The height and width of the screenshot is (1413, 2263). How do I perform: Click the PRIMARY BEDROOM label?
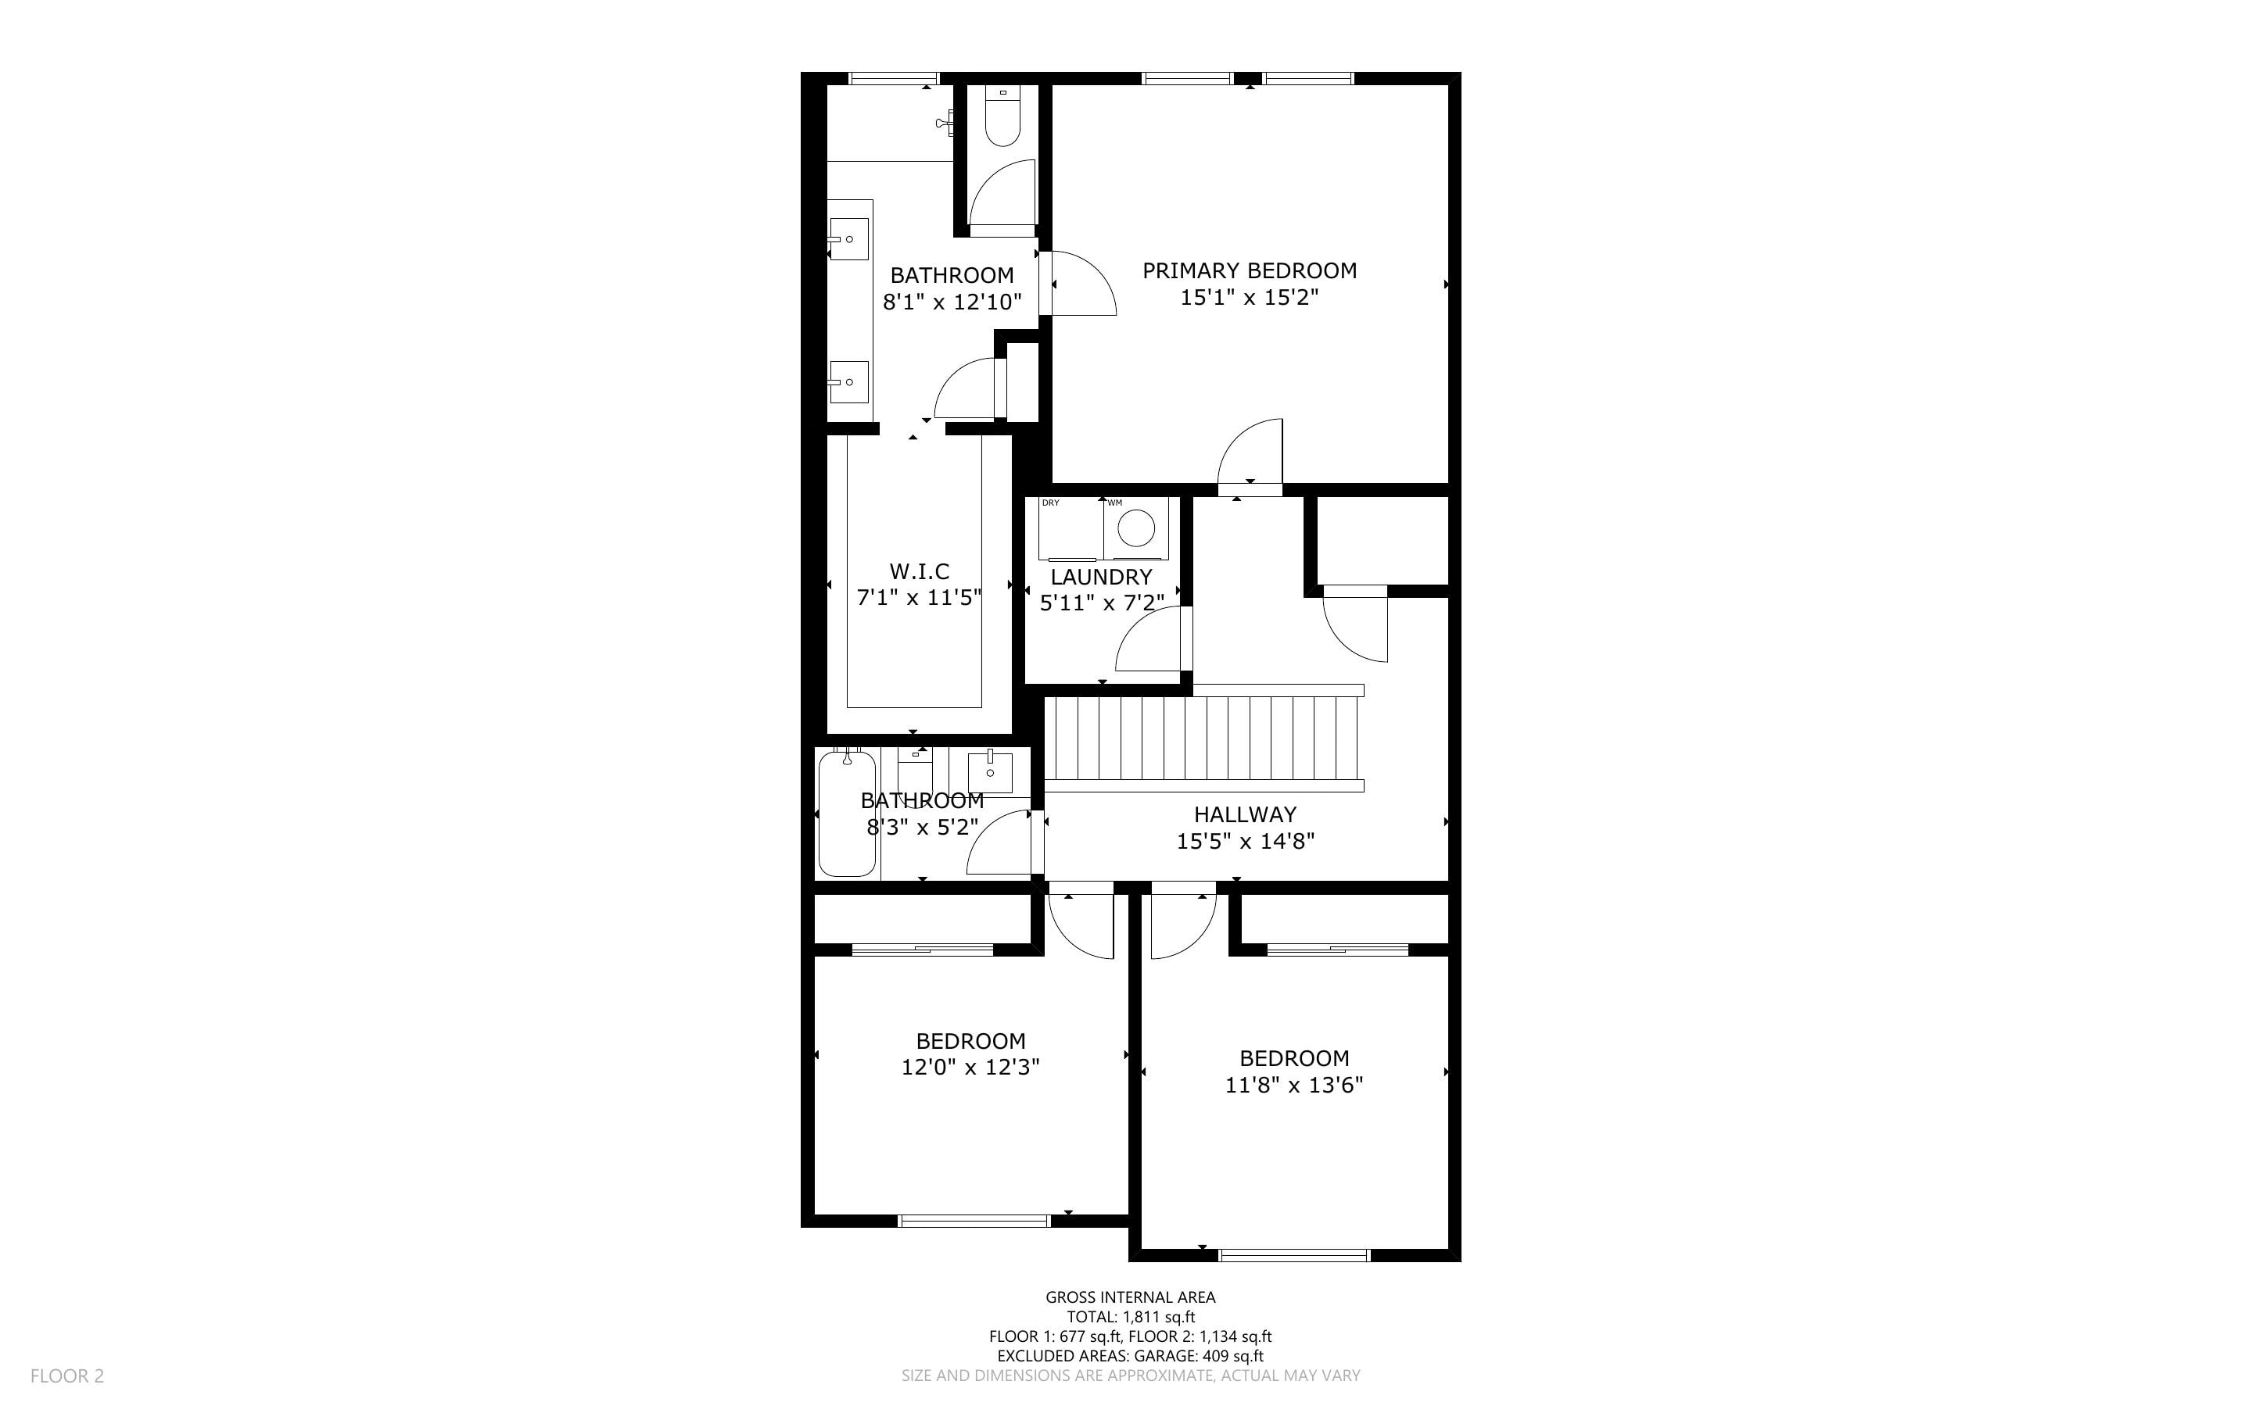(x=1249, y=271)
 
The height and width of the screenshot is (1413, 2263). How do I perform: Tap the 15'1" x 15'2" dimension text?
(x=1249, y=298)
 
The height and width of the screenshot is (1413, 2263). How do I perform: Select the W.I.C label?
(x=919, y=572)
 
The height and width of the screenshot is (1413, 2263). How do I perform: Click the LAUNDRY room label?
(x=1101, y=578)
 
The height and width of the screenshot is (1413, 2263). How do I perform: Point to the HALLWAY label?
(x=1245, y=815)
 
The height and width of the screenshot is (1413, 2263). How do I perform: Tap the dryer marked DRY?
(x=1071, y=529)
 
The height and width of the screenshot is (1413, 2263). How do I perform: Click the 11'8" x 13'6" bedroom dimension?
(x=1293, y=1086)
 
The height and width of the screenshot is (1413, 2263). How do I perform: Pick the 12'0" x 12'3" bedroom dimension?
(x=970, y=1068)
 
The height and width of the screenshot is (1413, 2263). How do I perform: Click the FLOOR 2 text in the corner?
(x=67, y=1375)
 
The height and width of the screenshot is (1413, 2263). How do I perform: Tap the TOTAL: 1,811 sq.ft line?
(x=1130, y=1318)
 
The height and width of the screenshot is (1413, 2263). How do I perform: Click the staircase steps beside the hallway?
(x=1203, y=739)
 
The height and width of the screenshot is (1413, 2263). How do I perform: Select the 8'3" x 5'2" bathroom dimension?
(x=923, y=828)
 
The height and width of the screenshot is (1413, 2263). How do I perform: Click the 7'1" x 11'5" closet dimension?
(x=919, y=598)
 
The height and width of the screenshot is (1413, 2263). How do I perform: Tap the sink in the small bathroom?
(x=990, y=772)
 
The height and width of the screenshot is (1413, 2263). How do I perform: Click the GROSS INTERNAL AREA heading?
(x=1130, y=1297)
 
